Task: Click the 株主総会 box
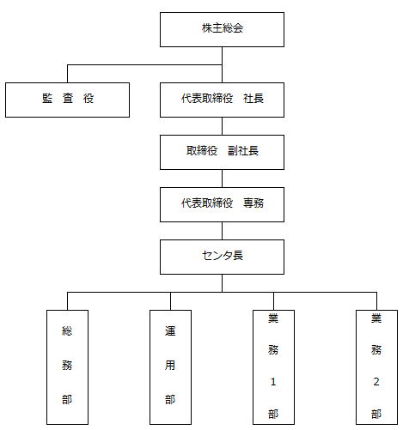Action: [x=222, y=29]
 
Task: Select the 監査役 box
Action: [x=67, y=100]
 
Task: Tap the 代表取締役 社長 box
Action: [x=222, y=100]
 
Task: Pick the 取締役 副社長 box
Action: [x=222, y=152]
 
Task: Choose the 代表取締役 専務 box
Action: [x=222, y=204]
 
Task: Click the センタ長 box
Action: [x=222, y=257]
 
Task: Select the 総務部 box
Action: [x=67, y=367]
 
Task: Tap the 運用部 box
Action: [x=170, y=367]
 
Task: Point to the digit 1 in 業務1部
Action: [x=273, y=382]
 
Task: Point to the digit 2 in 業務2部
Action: [x=376, y=382]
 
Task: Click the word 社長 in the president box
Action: [x=253, y=99]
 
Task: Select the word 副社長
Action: [x=243, y=151]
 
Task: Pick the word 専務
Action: [x=253, y=203]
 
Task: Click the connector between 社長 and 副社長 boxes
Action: [x=222, y=126]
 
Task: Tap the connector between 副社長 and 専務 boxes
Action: [x=222, y=179]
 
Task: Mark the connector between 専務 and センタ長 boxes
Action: [x=222, y=231]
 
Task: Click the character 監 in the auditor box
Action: [x=47, y=99]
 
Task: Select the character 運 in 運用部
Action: [x=170, y=331]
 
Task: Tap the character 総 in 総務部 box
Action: [x=67, y=331]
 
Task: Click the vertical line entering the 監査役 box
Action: [x=67, y=74]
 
